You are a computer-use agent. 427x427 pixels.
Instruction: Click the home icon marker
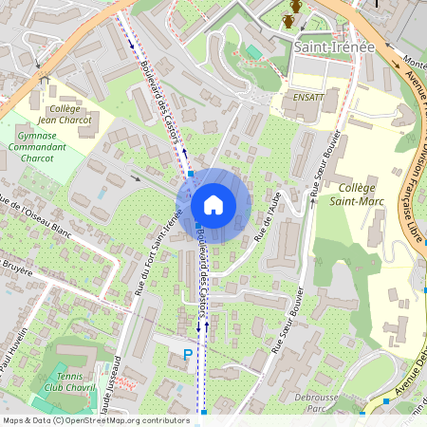click(x=213, y=205)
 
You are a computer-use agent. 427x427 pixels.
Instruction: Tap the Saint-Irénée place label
click(x=334, y=46)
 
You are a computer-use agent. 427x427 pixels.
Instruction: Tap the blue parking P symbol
click(x=187, y=355)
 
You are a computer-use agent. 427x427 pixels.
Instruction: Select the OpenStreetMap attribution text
click(x=96, y=419)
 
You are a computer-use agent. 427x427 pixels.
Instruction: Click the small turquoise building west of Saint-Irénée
click(x=253, y=50)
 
